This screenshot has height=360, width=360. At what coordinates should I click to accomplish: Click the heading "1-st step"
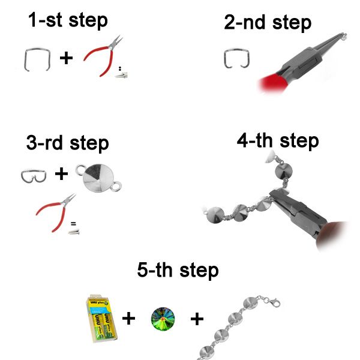68,20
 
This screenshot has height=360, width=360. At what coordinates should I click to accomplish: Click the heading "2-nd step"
268,23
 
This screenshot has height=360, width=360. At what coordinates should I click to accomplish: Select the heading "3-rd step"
67,143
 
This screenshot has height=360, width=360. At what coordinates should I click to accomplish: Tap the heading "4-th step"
278,141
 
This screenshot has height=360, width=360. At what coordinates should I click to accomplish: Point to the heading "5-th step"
178,270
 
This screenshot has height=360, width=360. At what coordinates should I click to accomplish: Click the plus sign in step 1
66,58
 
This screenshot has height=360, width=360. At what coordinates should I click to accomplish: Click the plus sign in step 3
62,174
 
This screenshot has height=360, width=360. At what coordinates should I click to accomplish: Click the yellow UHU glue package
102,319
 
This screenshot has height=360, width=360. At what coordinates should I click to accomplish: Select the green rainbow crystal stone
163,319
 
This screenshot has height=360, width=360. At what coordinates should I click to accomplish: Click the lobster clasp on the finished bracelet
275,303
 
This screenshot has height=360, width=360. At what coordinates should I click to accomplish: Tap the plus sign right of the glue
128,319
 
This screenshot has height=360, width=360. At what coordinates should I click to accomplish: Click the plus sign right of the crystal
197,319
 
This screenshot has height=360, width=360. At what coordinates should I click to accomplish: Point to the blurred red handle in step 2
273,83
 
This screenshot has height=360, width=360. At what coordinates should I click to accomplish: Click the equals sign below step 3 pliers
73,223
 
